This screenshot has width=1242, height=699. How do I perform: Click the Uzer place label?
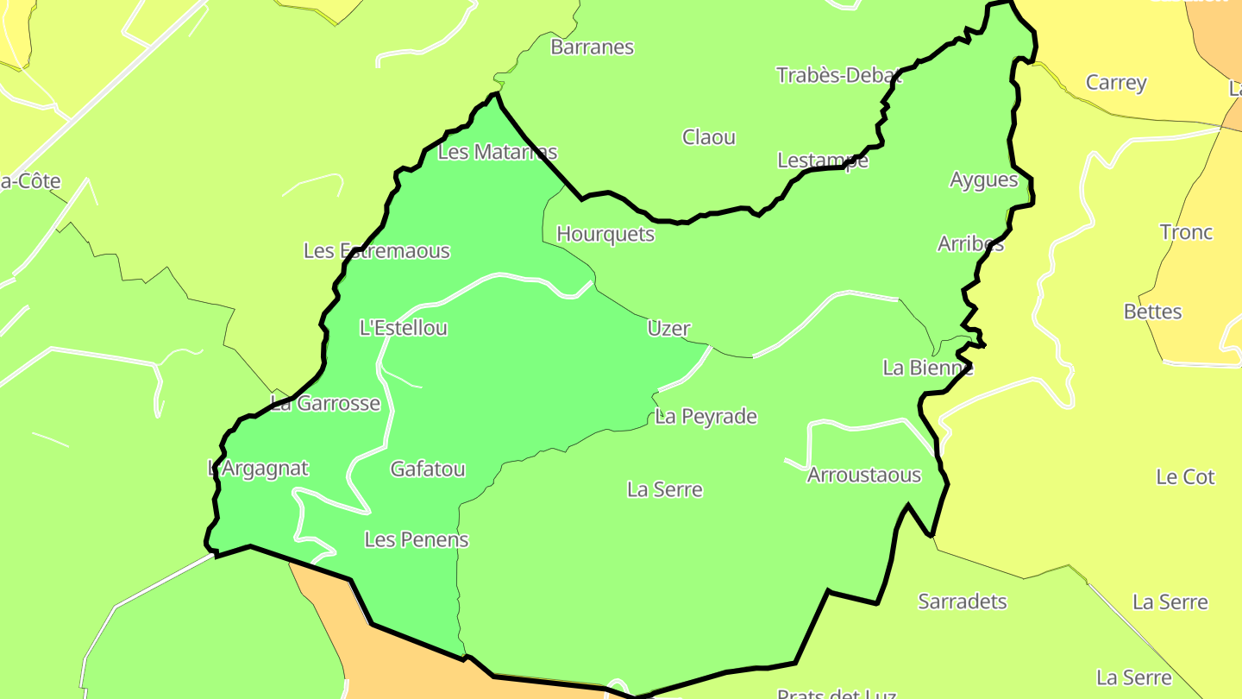coord(668,329)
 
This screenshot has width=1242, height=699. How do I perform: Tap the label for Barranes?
coord(592,47)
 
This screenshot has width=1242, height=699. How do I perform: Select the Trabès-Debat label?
coord(838,75)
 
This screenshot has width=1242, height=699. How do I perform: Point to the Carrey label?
coord(1116,83)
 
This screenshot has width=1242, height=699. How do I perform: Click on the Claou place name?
coord(709,137)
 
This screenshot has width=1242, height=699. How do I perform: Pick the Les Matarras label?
coord(498,153)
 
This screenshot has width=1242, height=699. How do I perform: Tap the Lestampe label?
coord(823,161)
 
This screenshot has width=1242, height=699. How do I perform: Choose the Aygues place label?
coord(983,180)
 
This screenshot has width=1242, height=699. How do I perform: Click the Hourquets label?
coord(605,235)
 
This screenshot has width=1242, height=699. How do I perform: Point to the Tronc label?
coord(1186,233)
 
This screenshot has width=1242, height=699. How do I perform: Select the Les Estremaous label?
coord(377,252)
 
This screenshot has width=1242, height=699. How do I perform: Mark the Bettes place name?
coord(1152,312)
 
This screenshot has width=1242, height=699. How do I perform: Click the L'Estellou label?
coord(404,329)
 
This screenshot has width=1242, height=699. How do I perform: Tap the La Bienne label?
coord(928,368)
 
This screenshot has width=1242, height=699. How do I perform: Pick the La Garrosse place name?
coord(325,404)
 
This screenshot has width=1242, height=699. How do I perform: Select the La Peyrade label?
coord(706,417)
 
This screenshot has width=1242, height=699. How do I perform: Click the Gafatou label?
coord(428,469)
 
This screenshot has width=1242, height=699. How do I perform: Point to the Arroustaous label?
coord(864,475)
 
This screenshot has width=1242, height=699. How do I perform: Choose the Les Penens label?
coord(417,540)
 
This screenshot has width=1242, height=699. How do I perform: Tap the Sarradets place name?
coord(963,601)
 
